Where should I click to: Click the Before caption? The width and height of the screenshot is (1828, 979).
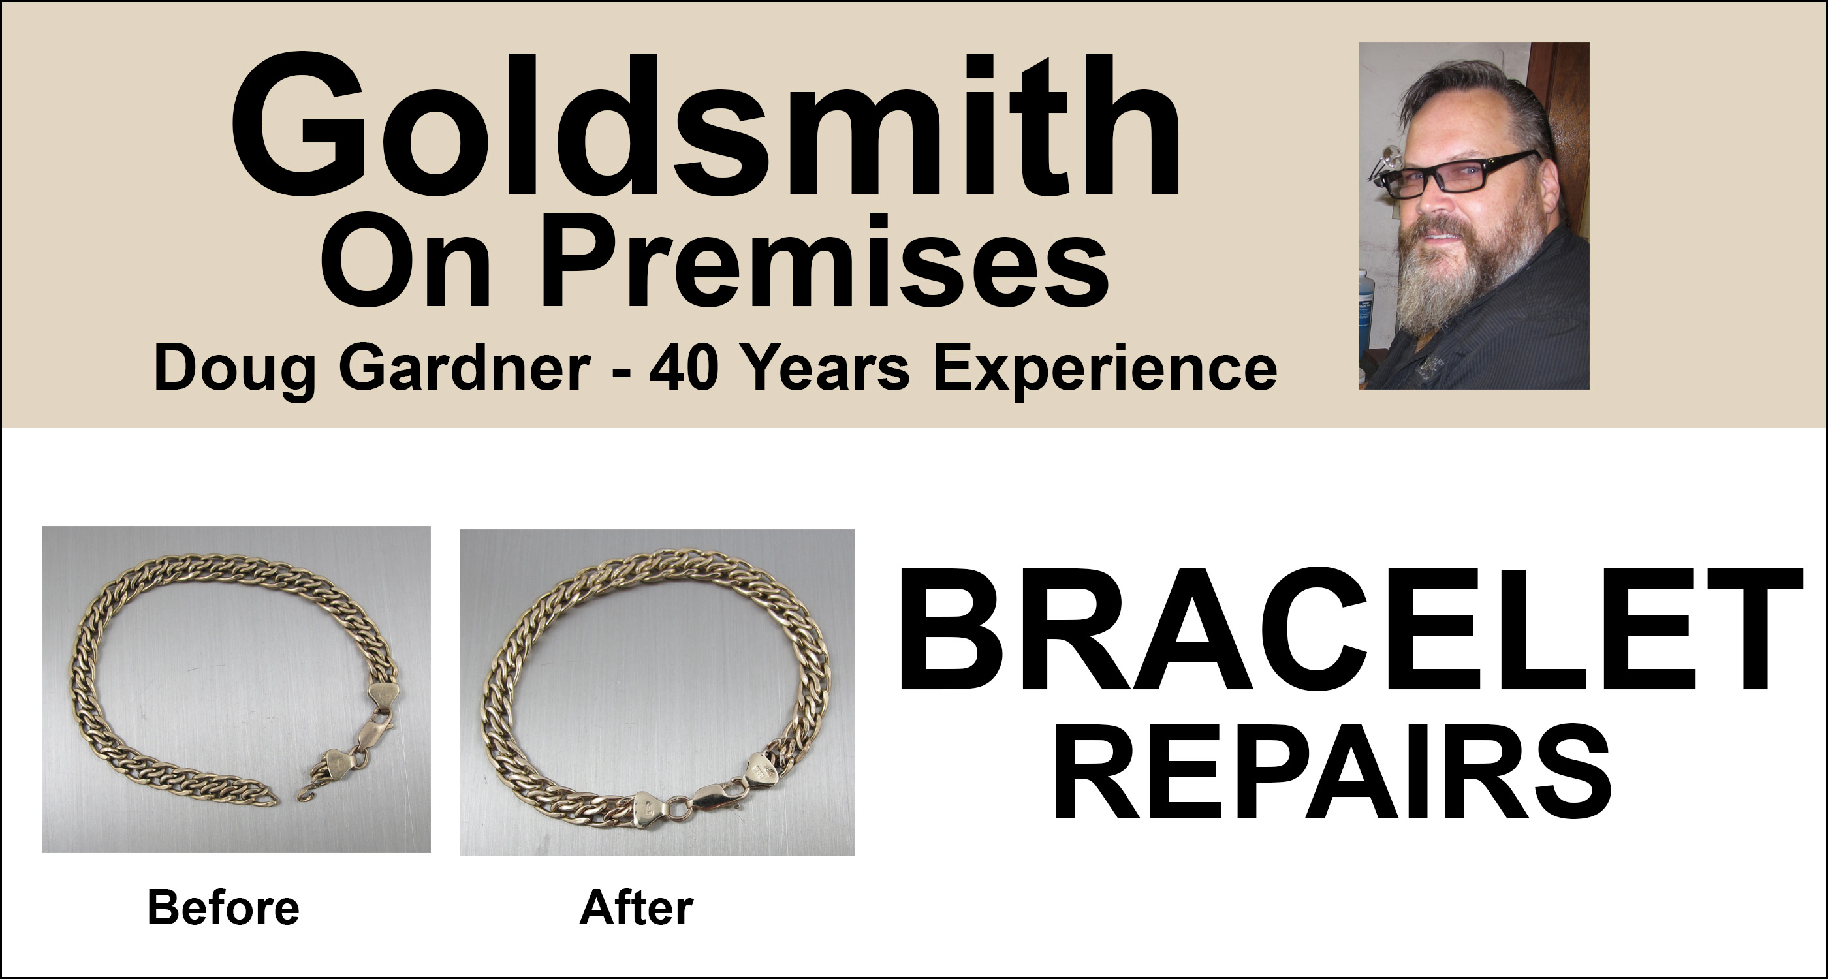[x=223, y=907]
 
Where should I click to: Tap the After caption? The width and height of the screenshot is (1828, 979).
[x=637, y=908]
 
